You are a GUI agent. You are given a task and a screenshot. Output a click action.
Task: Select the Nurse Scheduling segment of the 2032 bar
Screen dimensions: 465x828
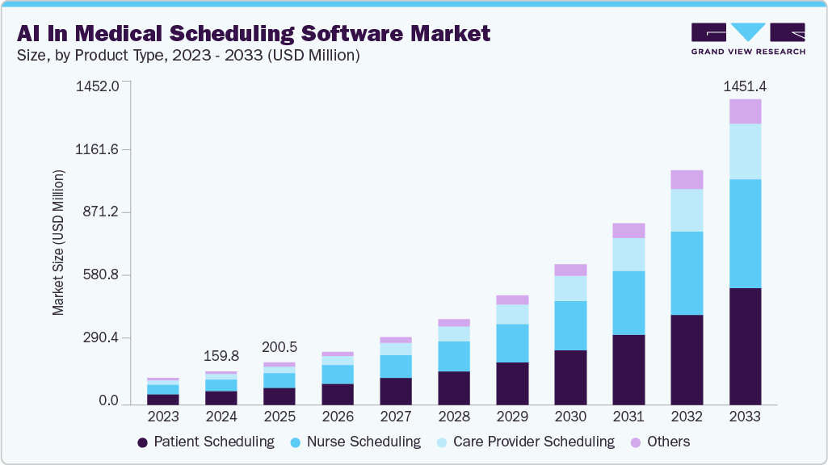[x=687, y=273]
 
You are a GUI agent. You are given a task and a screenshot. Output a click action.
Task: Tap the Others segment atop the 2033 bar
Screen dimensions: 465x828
[x=745, y=111]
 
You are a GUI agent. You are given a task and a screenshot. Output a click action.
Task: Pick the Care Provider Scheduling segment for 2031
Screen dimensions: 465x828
[x=628, y=254]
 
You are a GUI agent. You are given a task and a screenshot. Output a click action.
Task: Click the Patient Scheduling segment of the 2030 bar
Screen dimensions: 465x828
[x=570, y=377]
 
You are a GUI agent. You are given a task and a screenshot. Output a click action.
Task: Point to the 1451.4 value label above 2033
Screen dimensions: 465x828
[x=745, y=85]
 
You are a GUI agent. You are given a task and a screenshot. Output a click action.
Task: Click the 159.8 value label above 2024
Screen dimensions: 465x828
[x=221, y=355]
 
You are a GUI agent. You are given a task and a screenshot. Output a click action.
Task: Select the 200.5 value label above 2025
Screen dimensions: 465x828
[x=280, y=347]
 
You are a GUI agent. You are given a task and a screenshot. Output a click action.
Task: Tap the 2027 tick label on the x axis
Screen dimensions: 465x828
[x=396, y=417]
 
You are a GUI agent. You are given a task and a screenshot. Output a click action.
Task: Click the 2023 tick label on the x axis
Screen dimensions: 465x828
[x=163, y=417]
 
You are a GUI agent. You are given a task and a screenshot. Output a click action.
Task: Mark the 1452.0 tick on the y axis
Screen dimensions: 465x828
[x=99, y=86]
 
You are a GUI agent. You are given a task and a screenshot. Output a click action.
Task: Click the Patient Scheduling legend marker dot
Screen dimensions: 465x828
[x=142, y=442]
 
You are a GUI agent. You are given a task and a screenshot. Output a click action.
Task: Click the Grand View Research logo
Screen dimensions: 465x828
[x=748, y=38]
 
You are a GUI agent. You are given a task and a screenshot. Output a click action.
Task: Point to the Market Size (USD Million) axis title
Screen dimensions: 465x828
[x=58, y=242]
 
